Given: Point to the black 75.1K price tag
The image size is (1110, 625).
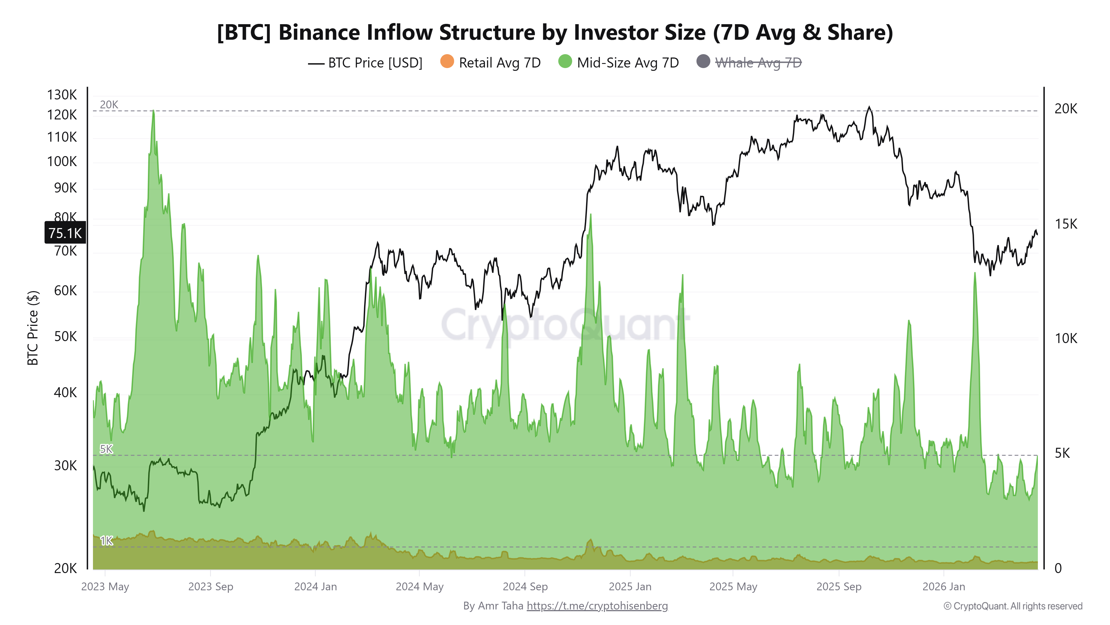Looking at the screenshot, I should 65,233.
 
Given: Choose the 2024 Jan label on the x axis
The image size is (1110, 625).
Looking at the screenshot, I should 316,587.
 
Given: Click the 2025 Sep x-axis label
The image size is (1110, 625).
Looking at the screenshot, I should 839,587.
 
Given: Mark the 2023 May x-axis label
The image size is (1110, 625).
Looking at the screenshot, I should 105,587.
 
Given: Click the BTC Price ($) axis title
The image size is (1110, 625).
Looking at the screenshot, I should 33,328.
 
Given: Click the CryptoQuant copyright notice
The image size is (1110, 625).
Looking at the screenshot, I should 1013,606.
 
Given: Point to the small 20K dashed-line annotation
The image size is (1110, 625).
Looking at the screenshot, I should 109,105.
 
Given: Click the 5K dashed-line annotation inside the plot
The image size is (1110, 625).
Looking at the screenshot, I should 106,449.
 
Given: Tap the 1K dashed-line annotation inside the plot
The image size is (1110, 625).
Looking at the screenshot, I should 106,541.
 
